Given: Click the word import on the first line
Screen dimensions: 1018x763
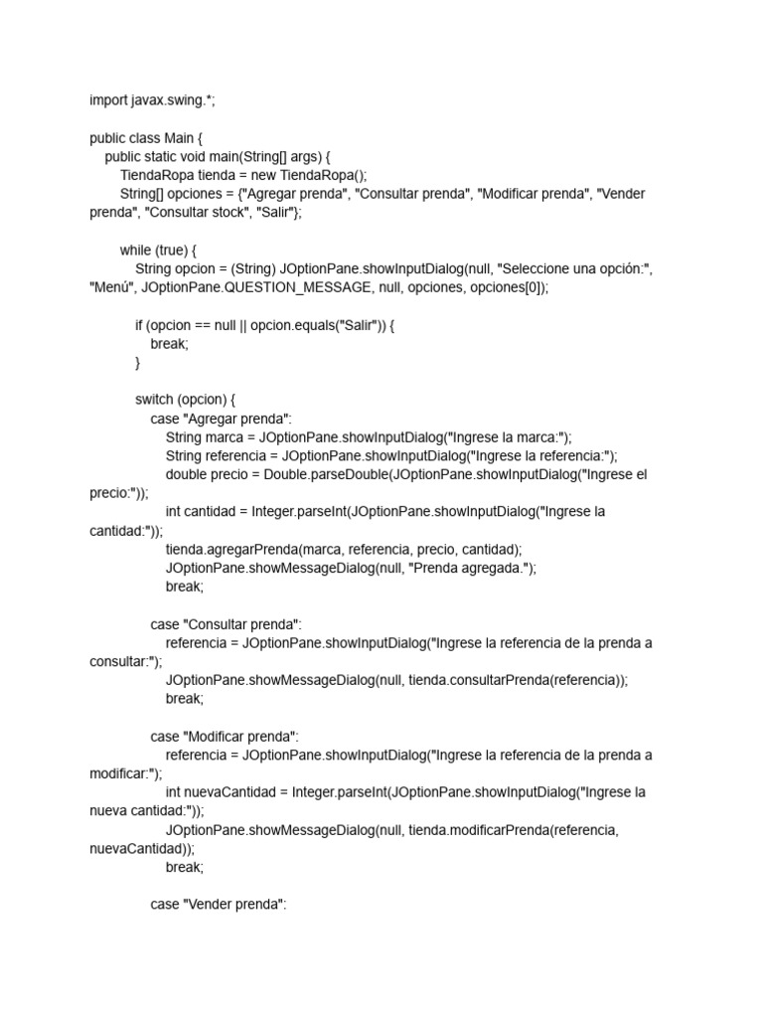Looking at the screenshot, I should coord(107,100).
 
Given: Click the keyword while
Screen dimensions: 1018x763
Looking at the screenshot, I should coord(137,251).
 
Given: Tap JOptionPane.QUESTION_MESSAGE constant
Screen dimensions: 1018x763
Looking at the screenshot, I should coord(249,287).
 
